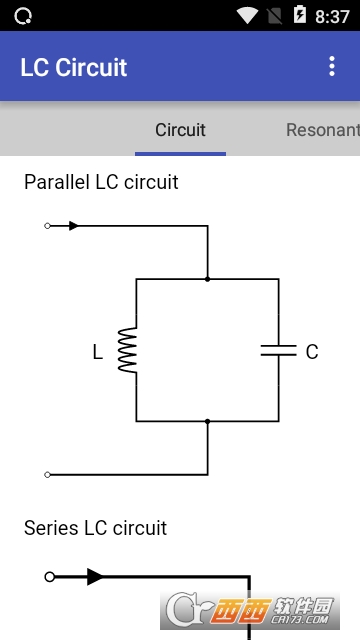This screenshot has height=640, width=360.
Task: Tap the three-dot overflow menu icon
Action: pyautogui.click(x=332, y=66)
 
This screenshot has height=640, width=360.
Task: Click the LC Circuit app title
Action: pyautogui.click(x=74, y=67)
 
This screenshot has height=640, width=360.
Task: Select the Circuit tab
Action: pyautogui.click(x=180, y=130)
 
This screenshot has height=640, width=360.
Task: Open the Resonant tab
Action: pyautogui.click(x=323, y=130)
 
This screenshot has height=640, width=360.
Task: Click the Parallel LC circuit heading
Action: pyautogui.click(x=101, y=182)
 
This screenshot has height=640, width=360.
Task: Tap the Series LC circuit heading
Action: pyautogui.click(x=96, y=528)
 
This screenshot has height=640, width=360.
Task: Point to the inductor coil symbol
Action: pyautogui.click(x=128, y=350)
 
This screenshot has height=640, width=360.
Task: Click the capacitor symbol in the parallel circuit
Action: pyautogui.click(x=279, y=350)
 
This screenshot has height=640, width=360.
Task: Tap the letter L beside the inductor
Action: pyautogui.click(x=98, y=352)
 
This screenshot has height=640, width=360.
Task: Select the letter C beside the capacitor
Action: pyautogui.click(x=312, y=352)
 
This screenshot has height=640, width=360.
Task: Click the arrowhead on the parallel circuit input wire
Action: pyautogui.click(x=73, y=226)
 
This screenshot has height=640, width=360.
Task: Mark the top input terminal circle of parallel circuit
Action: pyautogui.click(x=47, y=226)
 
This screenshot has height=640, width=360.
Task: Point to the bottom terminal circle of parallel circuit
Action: pyautogui.click(x=47, y=475)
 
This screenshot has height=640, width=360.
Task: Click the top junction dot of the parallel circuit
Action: pyautogui.click(x=207, y=279)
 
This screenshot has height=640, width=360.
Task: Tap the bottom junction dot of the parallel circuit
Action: pyautogui.click(x=207, y=421)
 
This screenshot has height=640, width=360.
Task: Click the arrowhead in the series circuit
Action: pyautogui.click(x=95, y=577)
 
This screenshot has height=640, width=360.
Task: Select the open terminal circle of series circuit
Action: pyautogui.click(x=50, y=577)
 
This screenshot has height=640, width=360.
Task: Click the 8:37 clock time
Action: pyautogui.click(x=332, y=16)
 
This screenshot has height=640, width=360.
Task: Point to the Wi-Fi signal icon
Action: pyautogui.click(x=247, y=16)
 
